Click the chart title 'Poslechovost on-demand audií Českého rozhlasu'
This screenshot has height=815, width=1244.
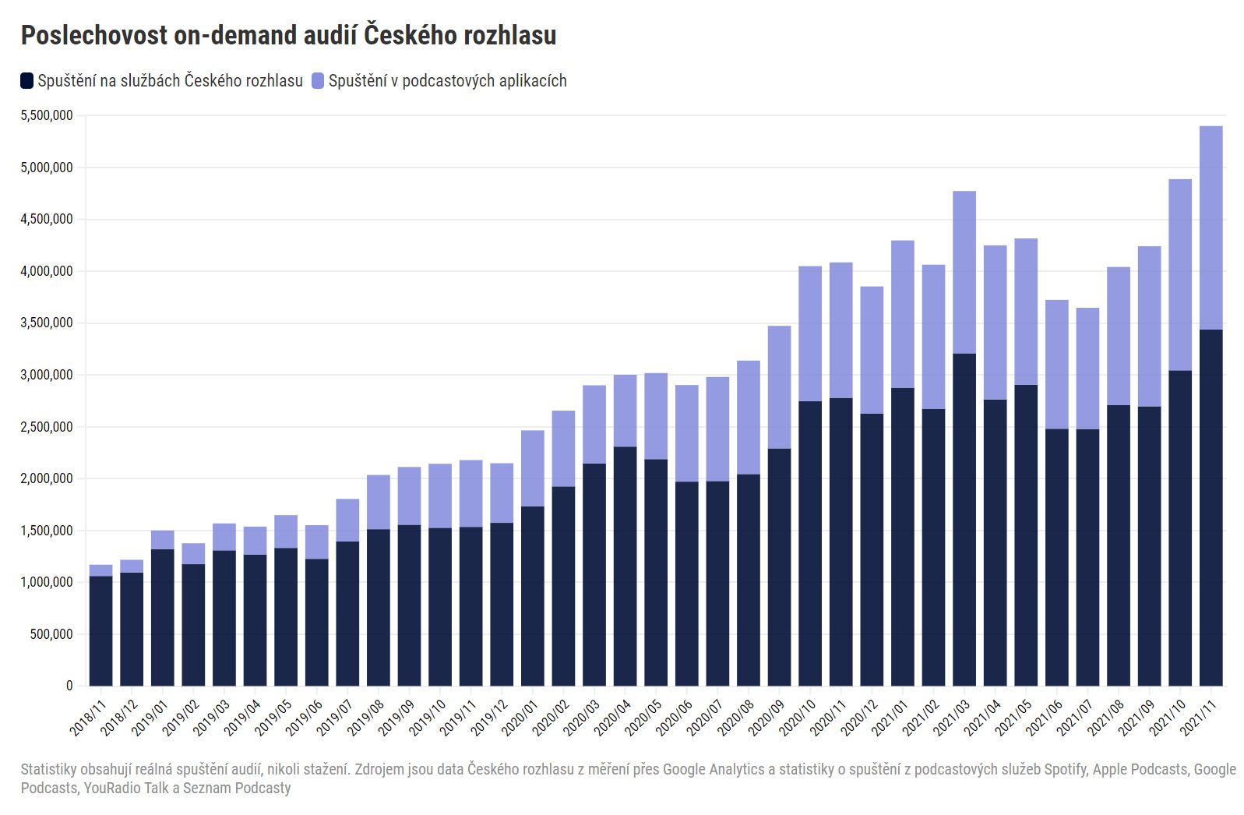[x=288, y=35]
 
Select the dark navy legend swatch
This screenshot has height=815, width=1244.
[x=27, y=80]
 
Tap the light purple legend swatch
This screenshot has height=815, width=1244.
[x=318, y=80]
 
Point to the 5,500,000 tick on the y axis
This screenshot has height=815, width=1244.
[x=47, y=115]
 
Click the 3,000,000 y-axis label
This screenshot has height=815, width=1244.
[x=47, y=375]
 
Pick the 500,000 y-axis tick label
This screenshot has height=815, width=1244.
[x=51, y=634]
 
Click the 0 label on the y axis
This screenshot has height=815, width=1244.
[x=69, y=686]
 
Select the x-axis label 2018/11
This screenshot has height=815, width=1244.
[x=88, y=717]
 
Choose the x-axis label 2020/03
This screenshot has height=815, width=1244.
[x=581, y=717]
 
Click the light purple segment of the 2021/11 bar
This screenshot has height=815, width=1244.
[x=1211, y=228]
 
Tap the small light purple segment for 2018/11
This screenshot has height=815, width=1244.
[x=101, y=570]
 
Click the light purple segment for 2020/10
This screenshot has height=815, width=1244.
[x=810, y=333]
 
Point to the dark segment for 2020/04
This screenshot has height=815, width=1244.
[x=625, y=566]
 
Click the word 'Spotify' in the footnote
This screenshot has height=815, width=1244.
[x=1065, y=770]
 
